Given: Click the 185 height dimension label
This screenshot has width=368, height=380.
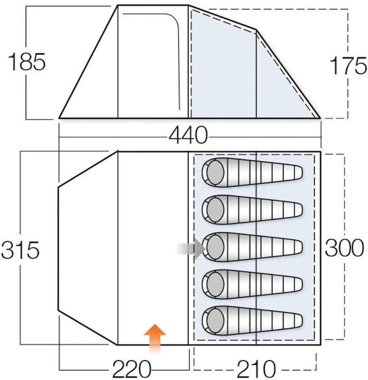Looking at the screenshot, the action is point(27,62).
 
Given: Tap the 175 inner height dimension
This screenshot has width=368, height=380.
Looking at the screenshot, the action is point(349,65).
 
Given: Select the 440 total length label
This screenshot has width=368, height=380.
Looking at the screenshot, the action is point(188,136).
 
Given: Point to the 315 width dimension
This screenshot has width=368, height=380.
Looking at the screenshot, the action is point(20,250).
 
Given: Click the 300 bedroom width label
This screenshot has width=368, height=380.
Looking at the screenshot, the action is point(344,248).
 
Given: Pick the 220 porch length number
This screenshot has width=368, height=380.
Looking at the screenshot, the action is point(132,369).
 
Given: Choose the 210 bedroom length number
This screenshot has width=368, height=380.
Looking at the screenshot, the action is point(256,369).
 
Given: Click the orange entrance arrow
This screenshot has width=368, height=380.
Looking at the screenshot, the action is point(155,339).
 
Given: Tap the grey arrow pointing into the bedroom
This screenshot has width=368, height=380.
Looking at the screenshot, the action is point(191,248).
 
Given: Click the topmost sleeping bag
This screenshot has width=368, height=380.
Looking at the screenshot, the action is point(252,172).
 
